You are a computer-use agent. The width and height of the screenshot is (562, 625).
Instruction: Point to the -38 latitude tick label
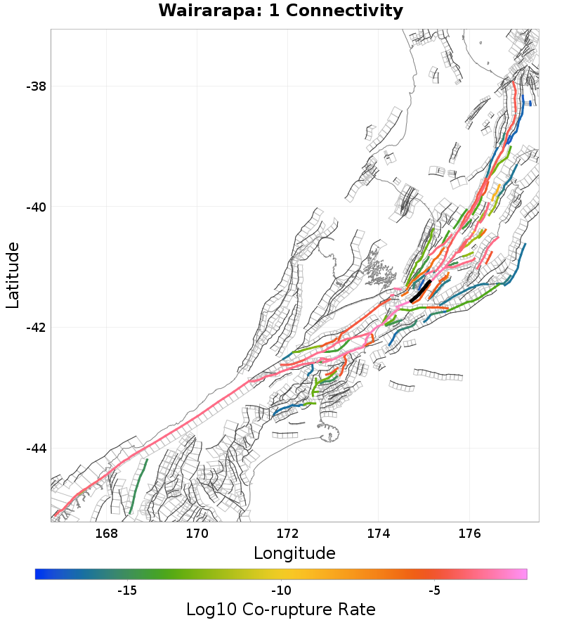point(36,86)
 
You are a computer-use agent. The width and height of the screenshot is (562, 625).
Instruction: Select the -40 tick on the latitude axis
point(36,207)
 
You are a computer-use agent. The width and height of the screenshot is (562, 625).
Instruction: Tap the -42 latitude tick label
point(36,328)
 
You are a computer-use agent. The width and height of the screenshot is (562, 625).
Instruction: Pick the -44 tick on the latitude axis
point(36,449)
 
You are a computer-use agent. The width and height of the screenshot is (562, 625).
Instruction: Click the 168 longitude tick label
point(106,533)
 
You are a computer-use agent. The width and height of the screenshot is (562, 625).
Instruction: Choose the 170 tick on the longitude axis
point(197,533)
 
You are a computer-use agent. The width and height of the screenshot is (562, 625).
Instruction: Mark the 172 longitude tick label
point(287,533)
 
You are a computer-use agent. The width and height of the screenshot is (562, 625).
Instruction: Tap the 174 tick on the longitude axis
point(378,533)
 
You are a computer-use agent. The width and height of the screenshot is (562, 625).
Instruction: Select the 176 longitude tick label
point(469,533)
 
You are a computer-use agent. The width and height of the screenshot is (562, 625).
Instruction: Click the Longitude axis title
point(294,553)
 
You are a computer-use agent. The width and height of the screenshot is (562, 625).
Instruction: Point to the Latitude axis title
point(13,275)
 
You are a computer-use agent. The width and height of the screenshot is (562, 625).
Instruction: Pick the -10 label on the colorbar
point(281,591)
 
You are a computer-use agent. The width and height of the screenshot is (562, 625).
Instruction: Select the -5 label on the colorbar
point(435,591)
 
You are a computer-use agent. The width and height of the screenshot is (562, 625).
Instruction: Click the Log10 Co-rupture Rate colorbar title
point(280,610)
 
